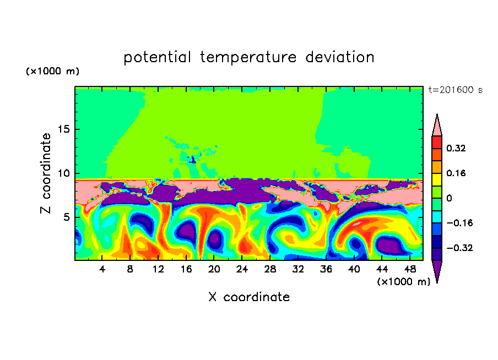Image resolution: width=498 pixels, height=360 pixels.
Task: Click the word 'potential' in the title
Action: [157, 57]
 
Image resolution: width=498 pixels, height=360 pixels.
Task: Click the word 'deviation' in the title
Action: [340, 57]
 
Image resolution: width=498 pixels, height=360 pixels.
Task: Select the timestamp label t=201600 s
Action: [456, 90]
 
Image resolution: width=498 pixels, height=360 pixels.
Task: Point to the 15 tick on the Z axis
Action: [63, 129]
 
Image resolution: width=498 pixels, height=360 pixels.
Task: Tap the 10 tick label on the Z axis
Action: [63, 173]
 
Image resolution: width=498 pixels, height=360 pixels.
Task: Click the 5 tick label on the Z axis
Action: [66, 217]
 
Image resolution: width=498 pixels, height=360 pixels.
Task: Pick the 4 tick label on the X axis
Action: [102, 269]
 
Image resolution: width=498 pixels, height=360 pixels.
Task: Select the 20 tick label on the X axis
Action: [214, 269]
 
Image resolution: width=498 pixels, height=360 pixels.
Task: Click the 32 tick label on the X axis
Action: [297, 269]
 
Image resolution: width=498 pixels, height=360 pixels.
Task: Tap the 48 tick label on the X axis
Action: [410, 269]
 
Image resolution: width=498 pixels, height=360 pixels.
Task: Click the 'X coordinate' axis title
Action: [249, 297]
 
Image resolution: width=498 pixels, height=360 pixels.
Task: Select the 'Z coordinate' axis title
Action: [45, 173]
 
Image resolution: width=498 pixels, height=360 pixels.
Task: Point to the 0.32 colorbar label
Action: [456, 148]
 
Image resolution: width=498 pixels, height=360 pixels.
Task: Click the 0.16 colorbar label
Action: [456, 173]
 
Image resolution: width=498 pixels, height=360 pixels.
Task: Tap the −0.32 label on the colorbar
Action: [459, 248]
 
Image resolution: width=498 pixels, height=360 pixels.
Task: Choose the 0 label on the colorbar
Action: [449, 198]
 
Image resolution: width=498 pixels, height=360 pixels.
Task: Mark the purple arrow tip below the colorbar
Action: [437, 282]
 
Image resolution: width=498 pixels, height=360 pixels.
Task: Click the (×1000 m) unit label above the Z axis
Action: [52, 71]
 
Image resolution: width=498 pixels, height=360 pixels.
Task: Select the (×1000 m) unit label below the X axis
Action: [403, 282]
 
